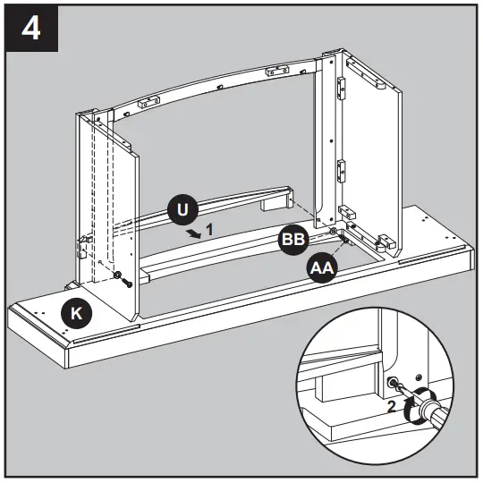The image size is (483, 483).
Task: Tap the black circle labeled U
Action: [182, 212]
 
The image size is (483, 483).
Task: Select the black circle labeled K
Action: [75, 313]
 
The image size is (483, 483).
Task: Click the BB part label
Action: [292, 240]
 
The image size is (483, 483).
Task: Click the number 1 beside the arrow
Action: [209, 230]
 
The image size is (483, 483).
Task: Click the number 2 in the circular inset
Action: [391, 404]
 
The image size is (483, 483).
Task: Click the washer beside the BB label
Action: [333, 233]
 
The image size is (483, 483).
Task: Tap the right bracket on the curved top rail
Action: [274, 68]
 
